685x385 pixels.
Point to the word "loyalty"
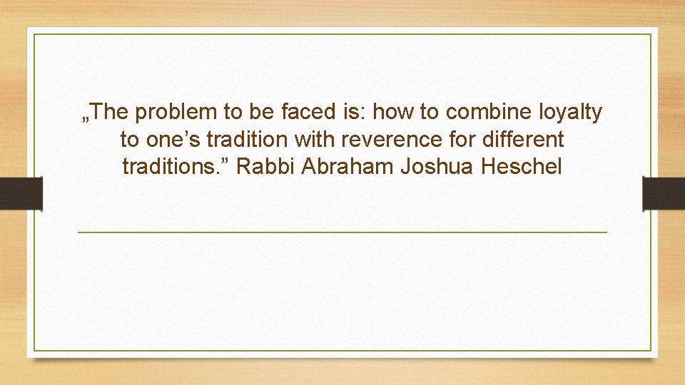click(x=571, y=113)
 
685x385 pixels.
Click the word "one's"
click(x=172, y=140)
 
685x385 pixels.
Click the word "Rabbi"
click(x=265, y=168)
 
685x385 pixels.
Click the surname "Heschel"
click(x=522, y=168)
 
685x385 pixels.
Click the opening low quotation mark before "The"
click(x=86, y=118)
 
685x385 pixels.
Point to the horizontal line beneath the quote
click(x=342, y=232)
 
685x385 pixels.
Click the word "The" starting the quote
click(x=110, y=112)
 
